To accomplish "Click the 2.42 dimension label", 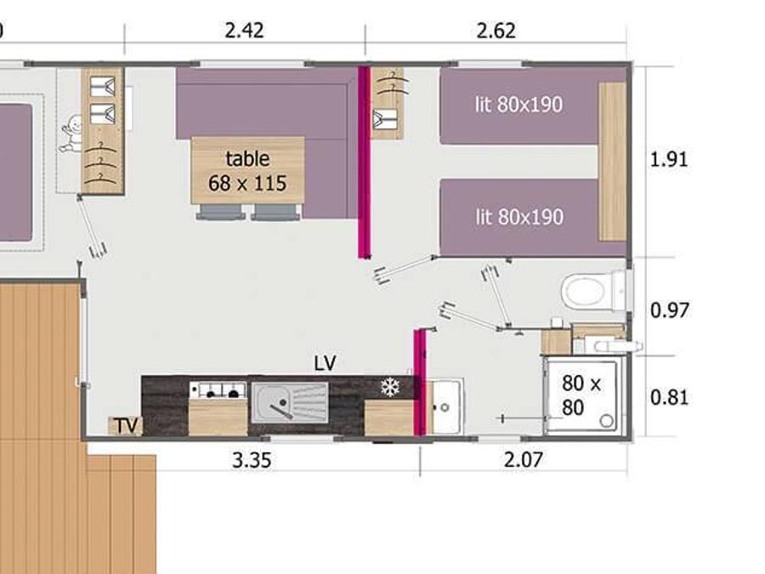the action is tap(245, 31).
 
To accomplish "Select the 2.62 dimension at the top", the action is tap(496, 31).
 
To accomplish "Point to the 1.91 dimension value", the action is tap(669, 160).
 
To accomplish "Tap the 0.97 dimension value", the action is tap(670, 310).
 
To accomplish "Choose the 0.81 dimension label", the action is tap(670, 397).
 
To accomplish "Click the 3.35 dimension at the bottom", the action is tap(252, 460).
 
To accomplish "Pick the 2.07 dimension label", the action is tap(523, 460).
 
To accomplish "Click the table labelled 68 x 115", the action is tap(248, 170).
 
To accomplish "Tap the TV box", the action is tap(126, 426).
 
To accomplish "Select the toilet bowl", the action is tap(585, 292).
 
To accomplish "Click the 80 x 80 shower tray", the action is tap(582, 395).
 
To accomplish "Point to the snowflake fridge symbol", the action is tap(390, 388).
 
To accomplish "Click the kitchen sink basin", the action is tap(290, 403).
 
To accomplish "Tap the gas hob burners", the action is tap(218, 390).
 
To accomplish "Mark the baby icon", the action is tap(71, 134).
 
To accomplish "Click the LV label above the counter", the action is tap(326, 363).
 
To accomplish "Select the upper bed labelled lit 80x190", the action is tap(519, 106).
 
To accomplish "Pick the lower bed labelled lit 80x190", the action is tap(519, 217).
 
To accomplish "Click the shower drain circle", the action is tap(606, 420).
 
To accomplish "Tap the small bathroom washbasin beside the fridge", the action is tap(445, 406).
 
